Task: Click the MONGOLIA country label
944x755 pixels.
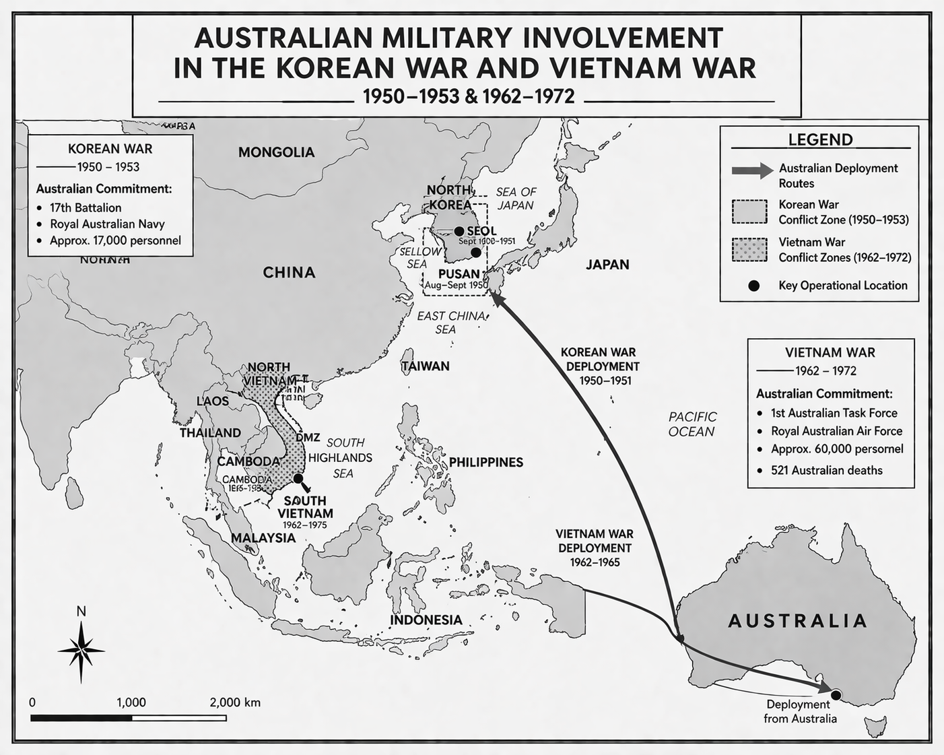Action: coord(276,152)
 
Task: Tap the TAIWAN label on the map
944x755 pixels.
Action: coord(426,366)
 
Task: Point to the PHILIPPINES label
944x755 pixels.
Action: coord(486,462)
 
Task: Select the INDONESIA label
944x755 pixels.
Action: coord(426,620)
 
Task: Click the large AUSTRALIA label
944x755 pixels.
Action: coord(797,620)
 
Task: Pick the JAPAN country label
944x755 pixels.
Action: coord(607,265)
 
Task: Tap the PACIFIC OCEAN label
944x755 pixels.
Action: coord(692,424)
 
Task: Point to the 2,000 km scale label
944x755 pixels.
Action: coord(234,702)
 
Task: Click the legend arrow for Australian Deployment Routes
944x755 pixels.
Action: coord(752,170)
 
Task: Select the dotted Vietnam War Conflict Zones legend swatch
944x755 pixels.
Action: coord(749,250)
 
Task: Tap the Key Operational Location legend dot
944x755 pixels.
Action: coord(753,286)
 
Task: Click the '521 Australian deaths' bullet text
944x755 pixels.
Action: coord(826,470)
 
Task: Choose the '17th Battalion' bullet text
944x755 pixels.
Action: coord(86,207)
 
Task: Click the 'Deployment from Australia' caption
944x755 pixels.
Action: coord(800,711)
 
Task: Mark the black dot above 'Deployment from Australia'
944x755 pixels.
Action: coord(836,694)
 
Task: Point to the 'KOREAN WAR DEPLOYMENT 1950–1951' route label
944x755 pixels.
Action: coord(599,366)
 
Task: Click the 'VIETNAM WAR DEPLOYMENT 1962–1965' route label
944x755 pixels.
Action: coord(595,548)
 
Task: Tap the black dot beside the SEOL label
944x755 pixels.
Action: coord(459,231)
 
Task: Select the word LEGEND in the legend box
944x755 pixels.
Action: coord(820,139)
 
